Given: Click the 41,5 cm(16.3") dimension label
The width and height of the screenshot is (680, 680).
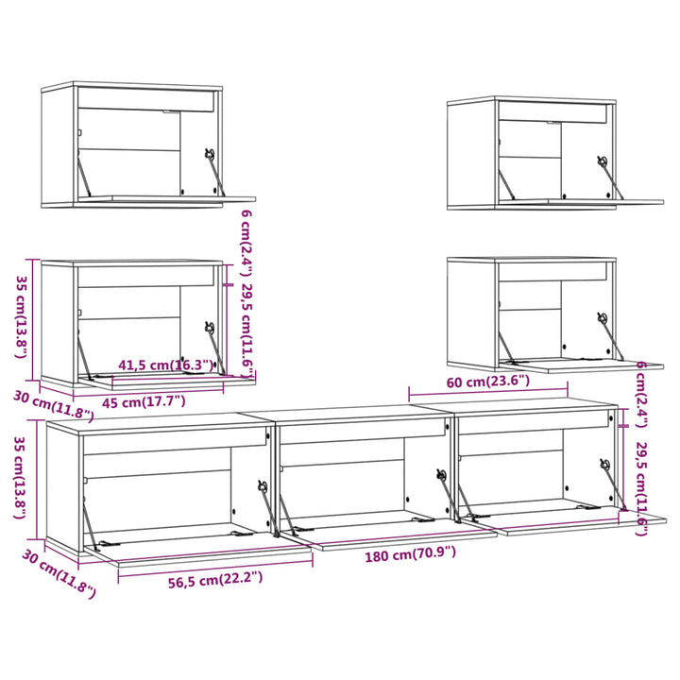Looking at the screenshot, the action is (166, 365).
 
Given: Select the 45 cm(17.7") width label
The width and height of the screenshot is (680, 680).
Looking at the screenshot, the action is (144, 402).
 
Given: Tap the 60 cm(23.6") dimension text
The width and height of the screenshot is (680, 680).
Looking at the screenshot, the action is (488, 382).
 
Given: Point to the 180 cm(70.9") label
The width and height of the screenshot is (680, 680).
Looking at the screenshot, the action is (410, 554).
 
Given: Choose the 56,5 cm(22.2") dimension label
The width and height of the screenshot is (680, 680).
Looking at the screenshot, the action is (215, 580).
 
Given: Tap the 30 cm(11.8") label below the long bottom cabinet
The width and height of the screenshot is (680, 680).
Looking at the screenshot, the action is (59, 573).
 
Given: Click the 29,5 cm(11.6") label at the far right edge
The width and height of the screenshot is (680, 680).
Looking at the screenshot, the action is (642, 489).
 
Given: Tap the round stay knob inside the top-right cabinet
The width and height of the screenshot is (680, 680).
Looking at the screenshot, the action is (603, 161).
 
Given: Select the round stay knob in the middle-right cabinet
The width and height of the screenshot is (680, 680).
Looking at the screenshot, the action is (603, 318).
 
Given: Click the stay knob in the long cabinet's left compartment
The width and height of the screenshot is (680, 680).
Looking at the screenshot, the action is (263, 486).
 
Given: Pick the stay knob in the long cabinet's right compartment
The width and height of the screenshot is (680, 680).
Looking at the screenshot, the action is (605, 464).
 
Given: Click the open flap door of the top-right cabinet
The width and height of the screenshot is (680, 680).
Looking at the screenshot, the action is (581, 202).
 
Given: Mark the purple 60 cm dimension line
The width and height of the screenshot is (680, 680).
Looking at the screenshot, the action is (488, 393).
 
